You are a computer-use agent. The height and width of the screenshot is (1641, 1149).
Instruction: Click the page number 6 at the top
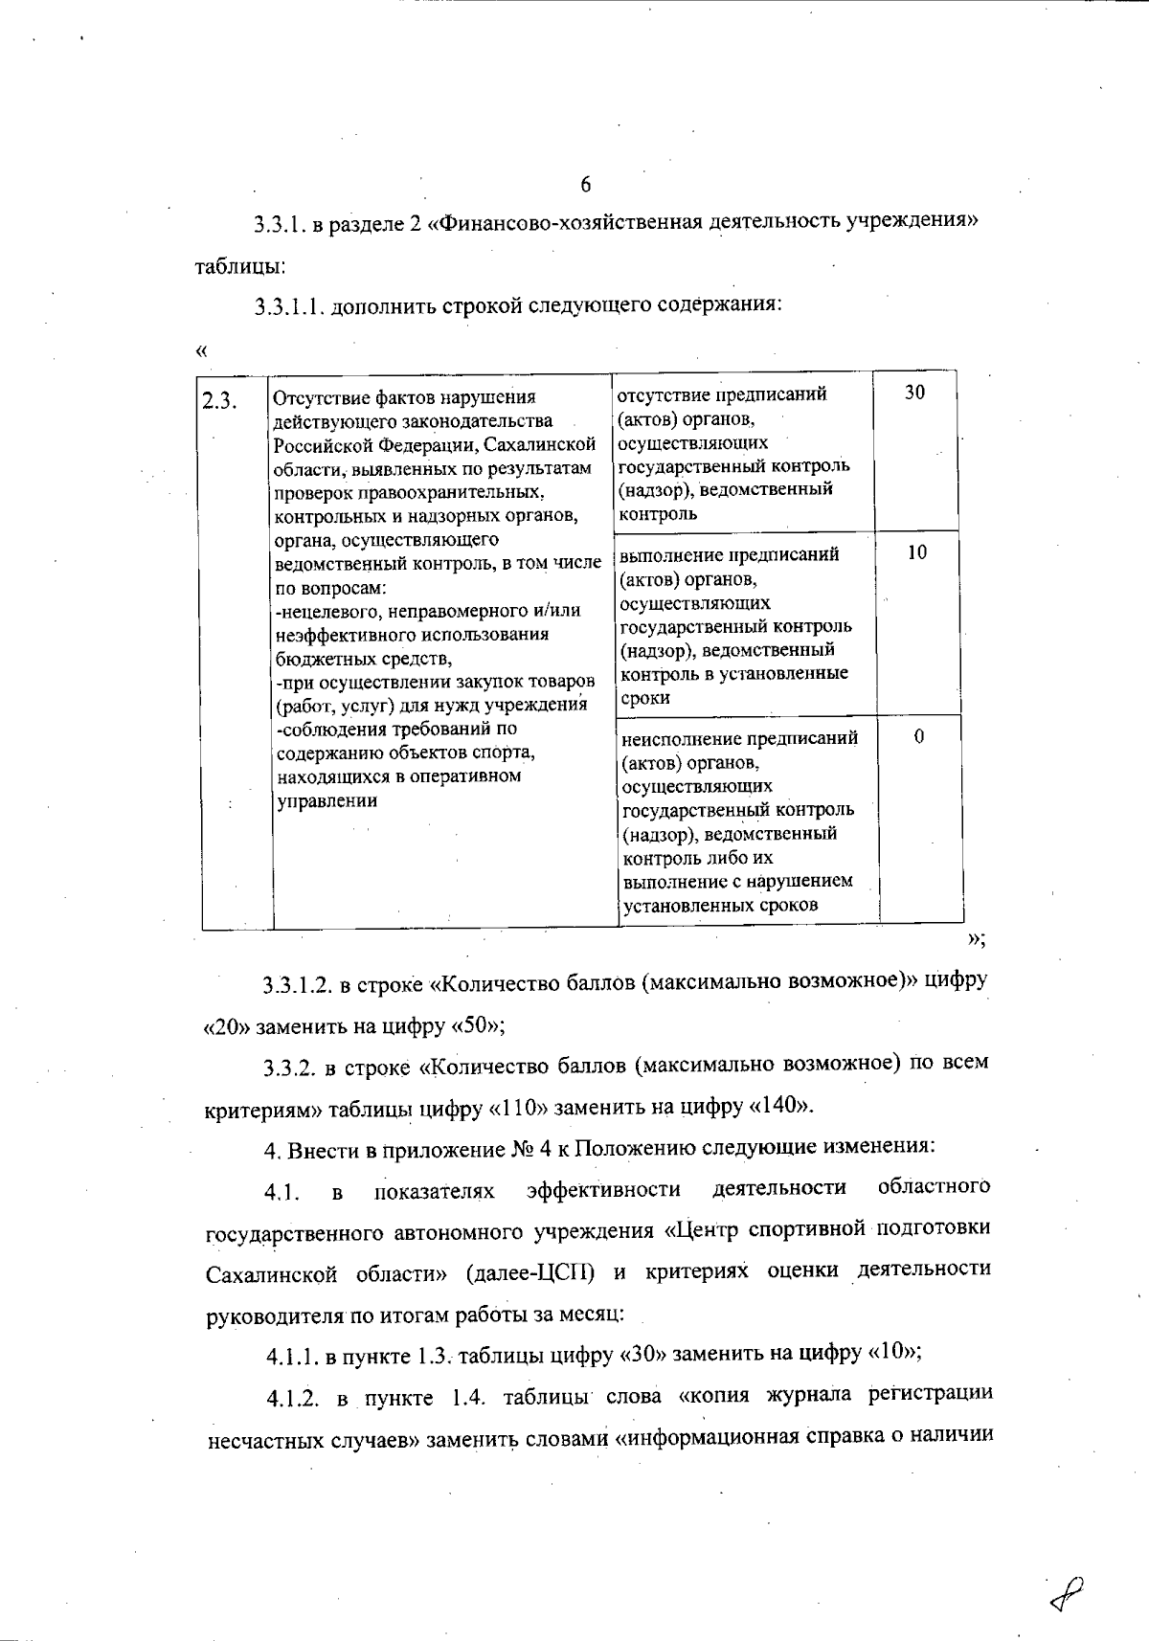coord(585,185)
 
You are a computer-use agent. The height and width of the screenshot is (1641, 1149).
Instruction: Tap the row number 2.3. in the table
coord(219,399)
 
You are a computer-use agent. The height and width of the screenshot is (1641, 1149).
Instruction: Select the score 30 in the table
coord(914,393)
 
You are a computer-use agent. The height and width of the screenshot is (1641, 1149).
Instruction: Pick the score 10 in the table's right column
coord(916,552)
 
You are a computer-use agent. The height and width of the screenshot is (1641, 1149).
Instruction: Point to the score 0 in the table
coord(919,736)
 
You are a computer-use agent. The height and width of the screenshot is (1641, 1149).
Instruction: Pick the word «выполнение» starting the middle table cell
coord(667,555)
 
